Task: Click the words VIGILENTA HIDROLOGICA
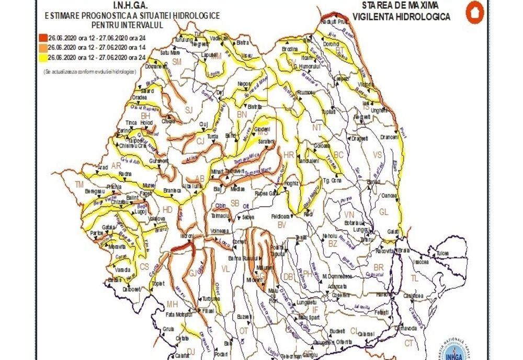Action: pyautogui.click(x=401, y=17)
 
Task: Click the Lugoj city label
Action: pyautogui.click(x=140, y=212)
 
